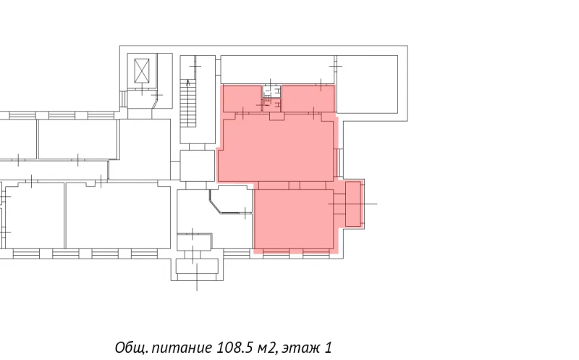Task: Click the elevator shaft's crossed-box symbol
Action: [x=142, y=70]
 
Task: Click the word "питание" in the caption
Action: [x=182, y=348]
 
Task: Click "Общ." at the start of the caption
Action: [x=132, y=348]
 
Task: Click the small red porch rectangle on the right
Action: [x=353, y=204]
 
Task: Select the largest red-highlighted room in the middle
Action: [x=276, y=150]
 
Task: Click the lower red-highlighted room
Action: [x=294, y=219]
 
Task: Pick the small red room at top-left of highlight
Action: [x=242, y=99]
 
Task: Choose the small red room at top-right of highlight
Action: [x=308, y=99]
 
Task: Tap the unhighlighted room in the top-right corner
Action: [x=368, y=84]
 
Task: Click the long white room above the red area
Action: [x=277, y=70]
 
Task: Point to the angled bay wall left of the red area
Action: [x=215, y=201]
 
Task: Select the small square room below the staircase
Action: [x=197, y=165]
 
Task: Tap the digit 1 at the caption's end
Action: [x=328, y=348]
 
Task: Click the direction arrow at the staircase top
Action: [x=188, y=83]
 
